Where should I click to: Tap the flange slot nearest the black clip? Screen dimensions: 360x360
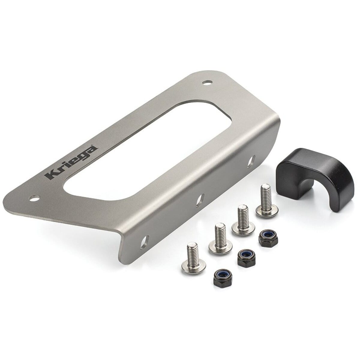pos(251,161)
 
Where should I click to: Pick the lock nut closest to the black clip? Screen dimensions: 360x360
pos(267,237)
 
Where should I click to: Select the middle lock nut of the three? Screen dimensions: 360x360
pos(245,258)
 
